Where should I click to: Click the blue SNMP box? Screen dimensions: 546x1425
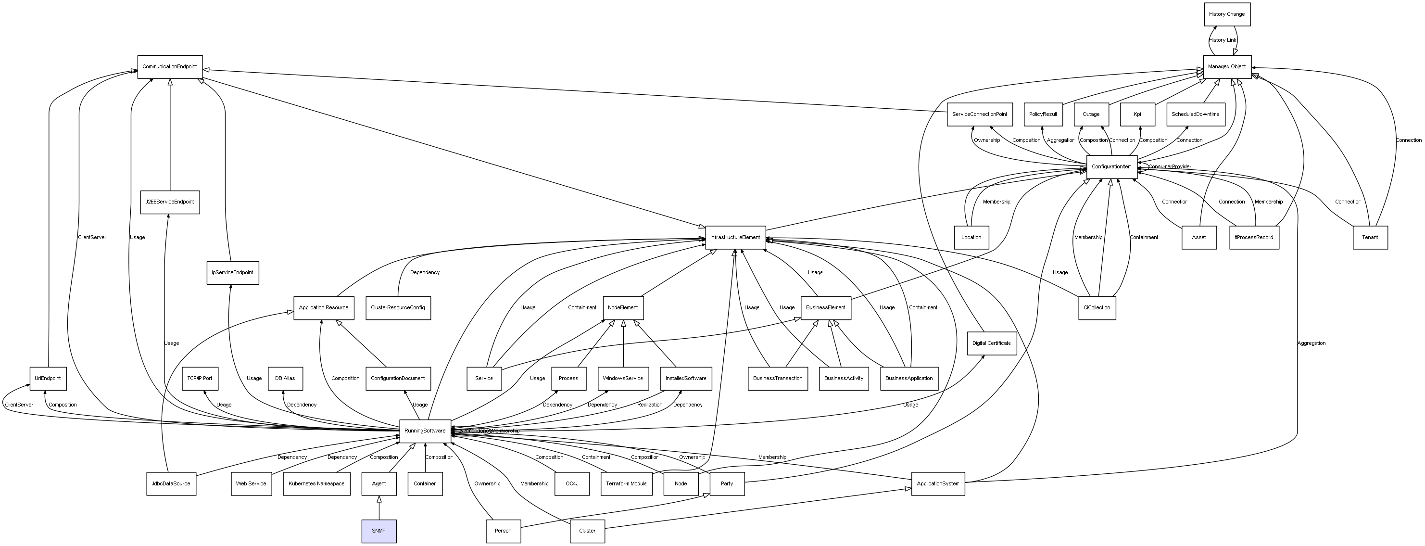coord(379,531)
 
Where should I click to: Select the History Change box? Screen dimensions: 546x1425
coord(1226,14)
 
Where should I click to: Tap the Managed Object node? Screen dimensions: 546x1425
coord(1226,67)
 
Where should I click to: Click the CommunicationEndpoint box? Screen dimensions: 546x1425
coord(170,67)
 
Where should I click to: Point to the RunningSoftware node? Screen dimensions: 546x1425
coord(425,431)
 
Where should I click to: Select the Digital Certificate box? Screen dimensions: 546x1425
coord(991,343)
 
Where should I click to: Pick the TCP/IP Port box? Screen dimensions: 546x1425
coord(200,379)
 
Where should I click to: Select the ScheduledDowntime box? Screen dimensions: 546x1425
coord(1195,114)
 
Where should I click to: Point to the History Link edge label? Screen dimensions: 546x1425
coord(1222,40)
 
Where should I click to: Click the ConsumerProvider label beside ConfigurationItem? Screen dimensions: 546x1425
coord(1170,167)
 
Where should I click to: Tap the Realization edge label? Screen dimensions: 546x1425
coord(649,405)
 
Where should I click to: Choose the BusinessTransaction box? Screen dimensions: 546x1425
coord(777,379)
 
